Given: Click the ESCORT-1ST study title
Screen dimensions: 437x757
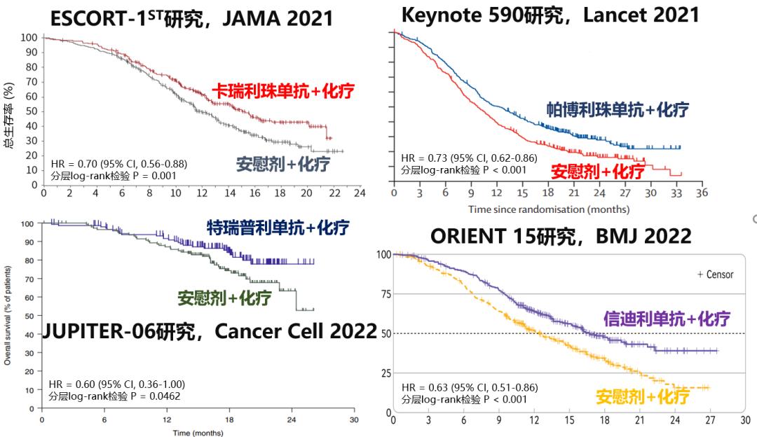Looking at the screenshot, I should coord(191,18).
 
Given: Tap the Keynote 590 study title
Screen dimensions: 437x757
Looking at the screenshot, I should coord(551,14).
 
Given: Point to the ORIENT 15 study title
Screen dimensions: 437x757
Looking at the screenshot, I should coord(561,237).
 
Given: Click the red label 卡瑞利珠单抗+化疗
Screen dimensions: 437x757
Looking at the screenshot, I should coord(283,91).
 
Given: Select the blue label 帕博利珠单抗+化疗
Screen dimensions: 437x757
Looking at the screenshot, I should coord(618,109).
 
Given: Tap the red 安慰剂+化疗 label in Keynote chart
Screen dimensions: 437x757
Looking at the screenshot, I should coord(598,171).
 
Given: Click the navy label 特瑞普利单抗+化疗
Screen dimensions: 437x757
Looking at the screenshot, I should coord(278,227).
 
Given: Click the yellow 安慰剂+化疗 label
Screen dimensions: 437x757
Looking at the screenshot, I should coord(642,396).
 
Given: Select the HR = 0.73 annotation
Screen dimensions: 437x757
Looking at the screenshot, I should coord(469,158).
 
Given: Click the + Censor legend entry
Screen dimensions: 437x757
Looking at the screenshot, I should coord(715,275).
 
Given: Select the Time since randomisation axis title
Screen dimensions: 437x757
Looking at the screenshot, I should coord(550,209).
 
